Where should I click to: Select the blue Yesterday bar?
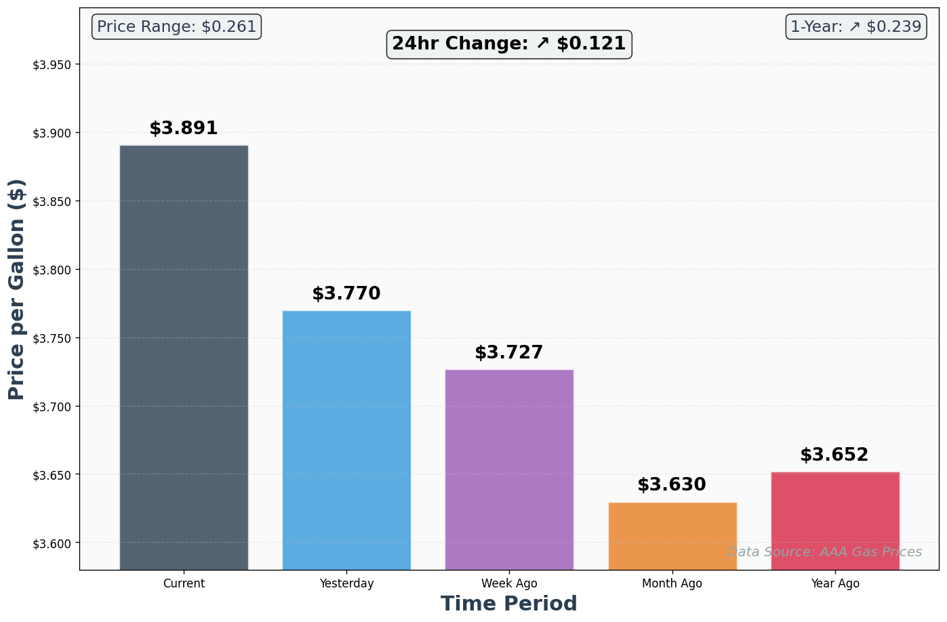(x=346, y=440)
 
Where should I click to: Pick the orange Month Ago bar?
(x=672, y=535)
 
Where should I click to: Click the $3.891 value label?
(x=184, y=129)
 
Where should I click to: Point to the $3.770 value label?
(x=346, y=294)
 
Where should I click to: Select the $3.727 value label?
(x=509, y=353)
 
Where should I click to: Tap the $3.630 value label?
(x=672, y=485)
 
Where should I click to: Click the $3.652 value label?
(x=834, y=455)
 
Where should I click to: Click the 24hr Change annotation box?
(x=509, y=44)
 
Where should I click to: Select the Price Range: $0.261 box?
(x=176, y=27)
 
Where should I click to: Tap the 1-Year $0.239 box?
(x=856, y=27)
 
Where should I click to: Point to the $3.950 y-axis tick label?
(x=52, y=65)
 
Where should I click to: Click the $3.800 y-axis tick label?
(x=52, y=270)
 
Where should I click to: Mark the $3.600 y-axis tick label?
(x=52, y=543)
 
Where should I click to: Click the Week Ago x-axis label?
(x=509, y=583)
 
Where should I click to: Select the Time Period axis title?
(x=509, y=604)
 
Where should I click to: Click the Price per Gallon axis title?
(x=17, y=289)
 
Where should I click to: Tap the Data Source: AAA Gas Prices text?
(x=824, y=552)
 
